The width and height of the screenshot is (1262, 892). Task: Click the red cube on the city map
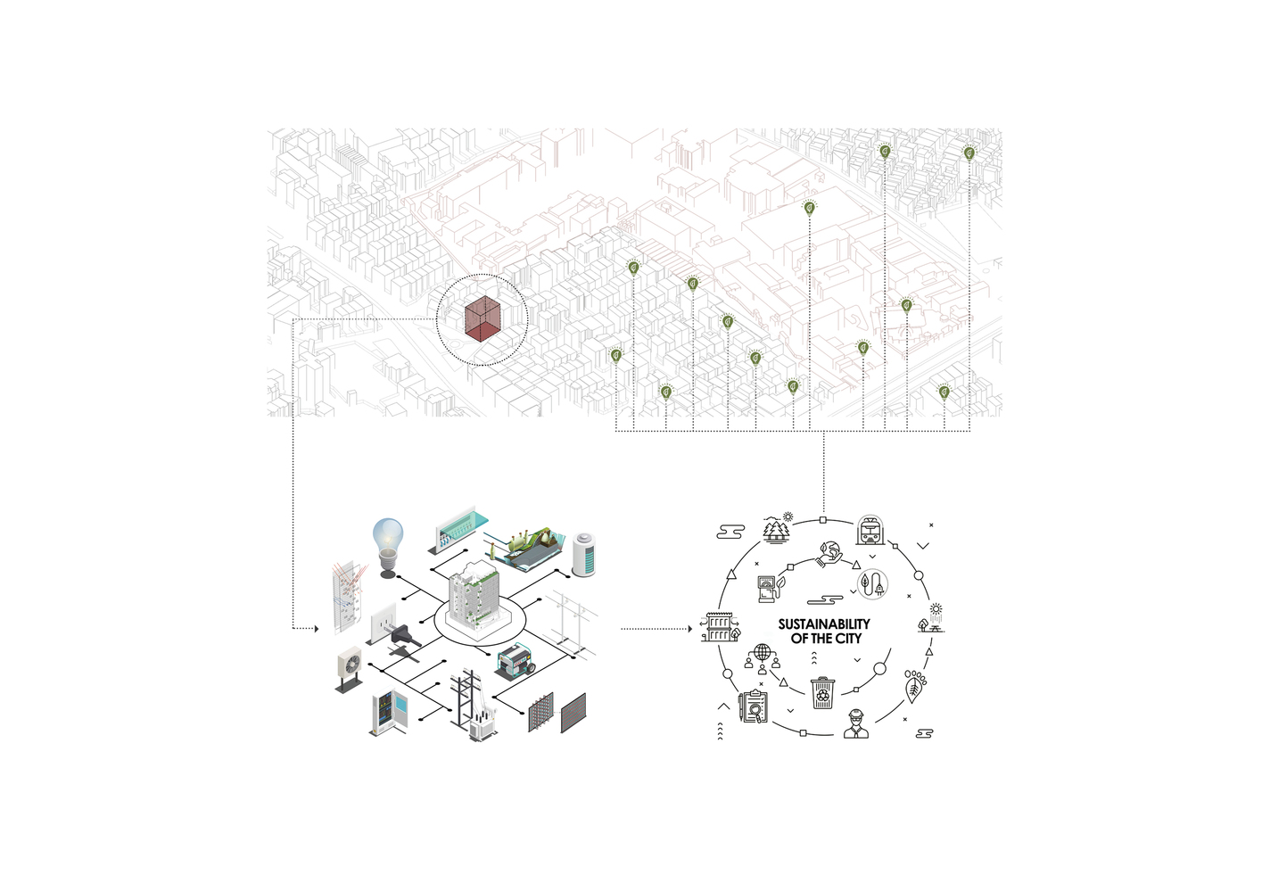(483, 318)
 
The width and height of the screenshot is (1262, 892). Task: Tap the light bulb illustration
(388, 548)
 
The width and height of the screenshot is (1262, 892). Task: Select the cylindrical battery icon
(583, 555)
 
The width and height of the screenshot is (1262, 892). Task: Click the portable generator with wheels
(515, 662)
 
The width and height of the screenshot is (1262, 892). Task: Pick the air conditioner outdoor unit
(350, 669)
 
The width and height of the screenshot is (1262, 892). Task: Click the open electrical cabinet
(388, 714)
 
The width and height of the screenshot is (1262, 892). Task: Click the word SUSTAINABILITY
(824, 624)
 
